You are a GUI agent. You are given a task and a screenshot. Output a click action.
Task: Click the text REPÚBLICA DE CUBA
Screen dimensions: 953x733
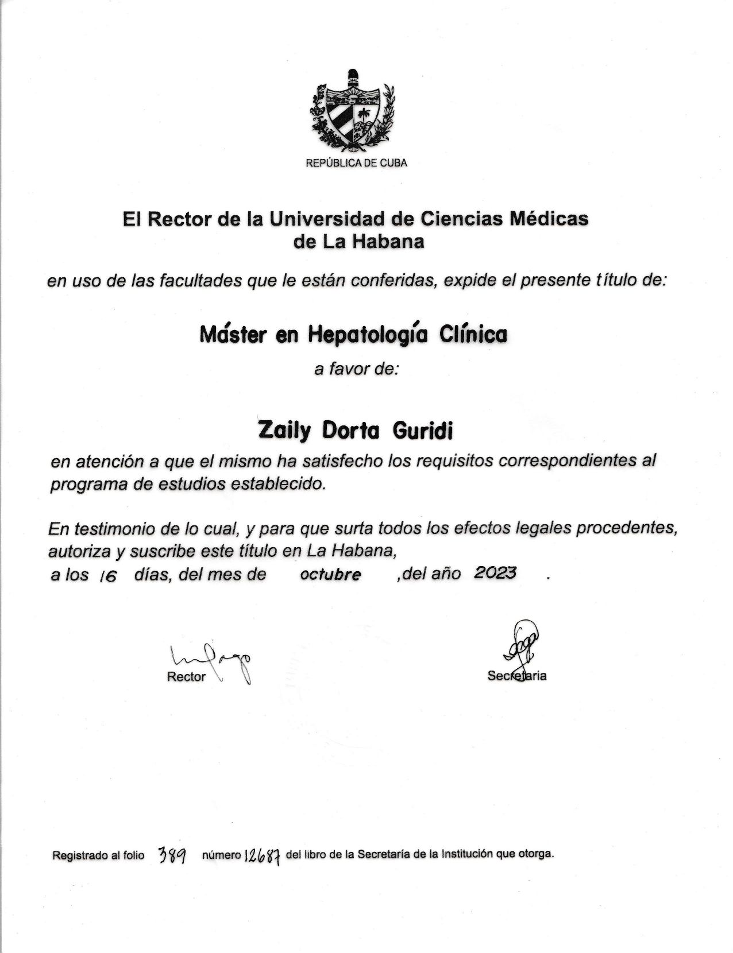click(x=356, y=163)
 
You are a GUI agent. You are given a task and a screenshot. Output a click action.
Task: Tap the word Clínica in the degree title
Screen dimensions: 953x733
click(x=473, y=334)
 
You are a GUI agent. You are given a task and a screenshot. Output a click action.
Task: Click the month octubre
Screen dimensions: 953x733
click(x=330, y=575)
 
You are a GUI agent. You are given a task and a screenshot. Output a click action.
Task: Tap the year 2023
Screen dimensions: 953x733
click(x=495, y=573)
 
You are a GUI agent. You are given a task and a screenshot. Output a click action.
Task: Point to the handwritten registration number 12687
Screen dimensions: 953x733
click(x=263, y=857)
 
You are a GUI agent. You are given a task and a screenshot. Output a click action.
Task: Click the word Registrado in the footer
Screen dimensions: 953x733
click(x=79, y=856)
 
